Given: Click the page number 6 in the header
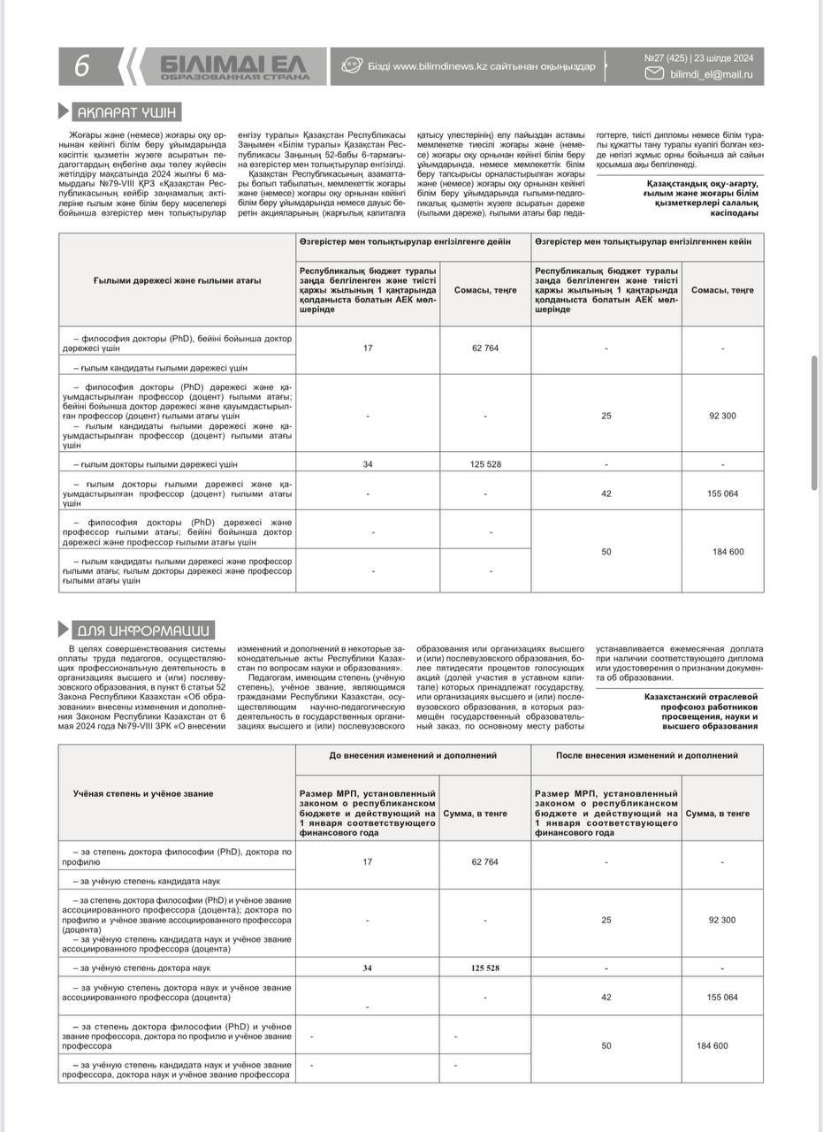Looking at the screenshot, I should (82, 66).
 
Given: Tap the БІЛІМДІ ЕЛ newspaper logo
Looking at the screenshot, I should (235, 67).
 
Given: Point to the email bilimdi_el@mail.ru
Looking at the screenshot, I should (712, 75).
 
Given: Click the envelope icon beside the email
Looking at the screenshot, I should (654, 74).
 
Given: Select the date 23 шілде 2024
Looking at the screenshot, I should (724, 58).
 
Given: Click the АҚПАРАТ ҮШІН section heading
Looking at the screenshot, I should (127, 112).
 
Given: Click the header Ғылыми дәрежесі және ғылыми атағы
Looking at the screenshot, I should (178, 281).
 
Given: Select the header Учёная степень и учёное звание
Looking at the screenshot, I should (143, 793).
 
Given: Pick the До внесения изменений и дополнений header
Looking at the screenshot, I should (413, 755).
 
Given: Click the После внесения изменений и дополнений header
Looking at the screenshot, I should (647, 755).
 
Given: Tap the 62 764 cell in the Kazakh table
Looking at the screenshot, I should (485, 348).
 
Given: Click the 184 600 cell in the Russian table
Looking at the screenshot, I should (712, 1045).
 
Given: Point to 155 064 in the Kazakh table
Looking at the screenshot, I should (722, 493).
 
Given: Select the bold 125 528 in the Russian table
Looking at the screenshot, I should (485, 968).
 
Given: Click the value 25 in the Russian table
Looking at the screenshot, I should (606, 920).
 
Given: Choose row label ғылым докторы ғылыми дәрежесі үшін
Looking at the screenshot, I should (156, 463).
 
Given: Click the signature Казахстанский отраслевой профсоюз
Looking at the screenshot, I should (701, 697).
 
